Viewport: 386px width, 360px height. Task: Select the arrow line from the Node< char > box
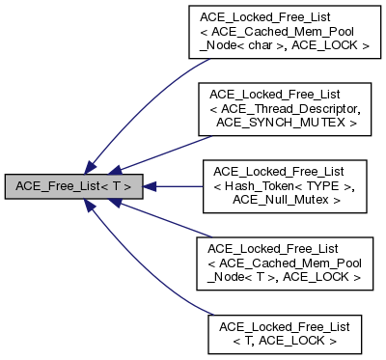(x=145, y=106)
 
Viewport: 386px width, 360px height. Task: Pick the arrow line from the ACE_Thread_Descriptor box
(x=164, y=145)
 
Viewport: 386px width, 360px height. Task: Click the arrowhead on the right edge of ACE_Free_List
(x=152, y=183)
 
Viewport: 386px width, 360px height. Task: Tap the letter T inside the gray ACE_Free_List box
(x=126, y=184)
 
